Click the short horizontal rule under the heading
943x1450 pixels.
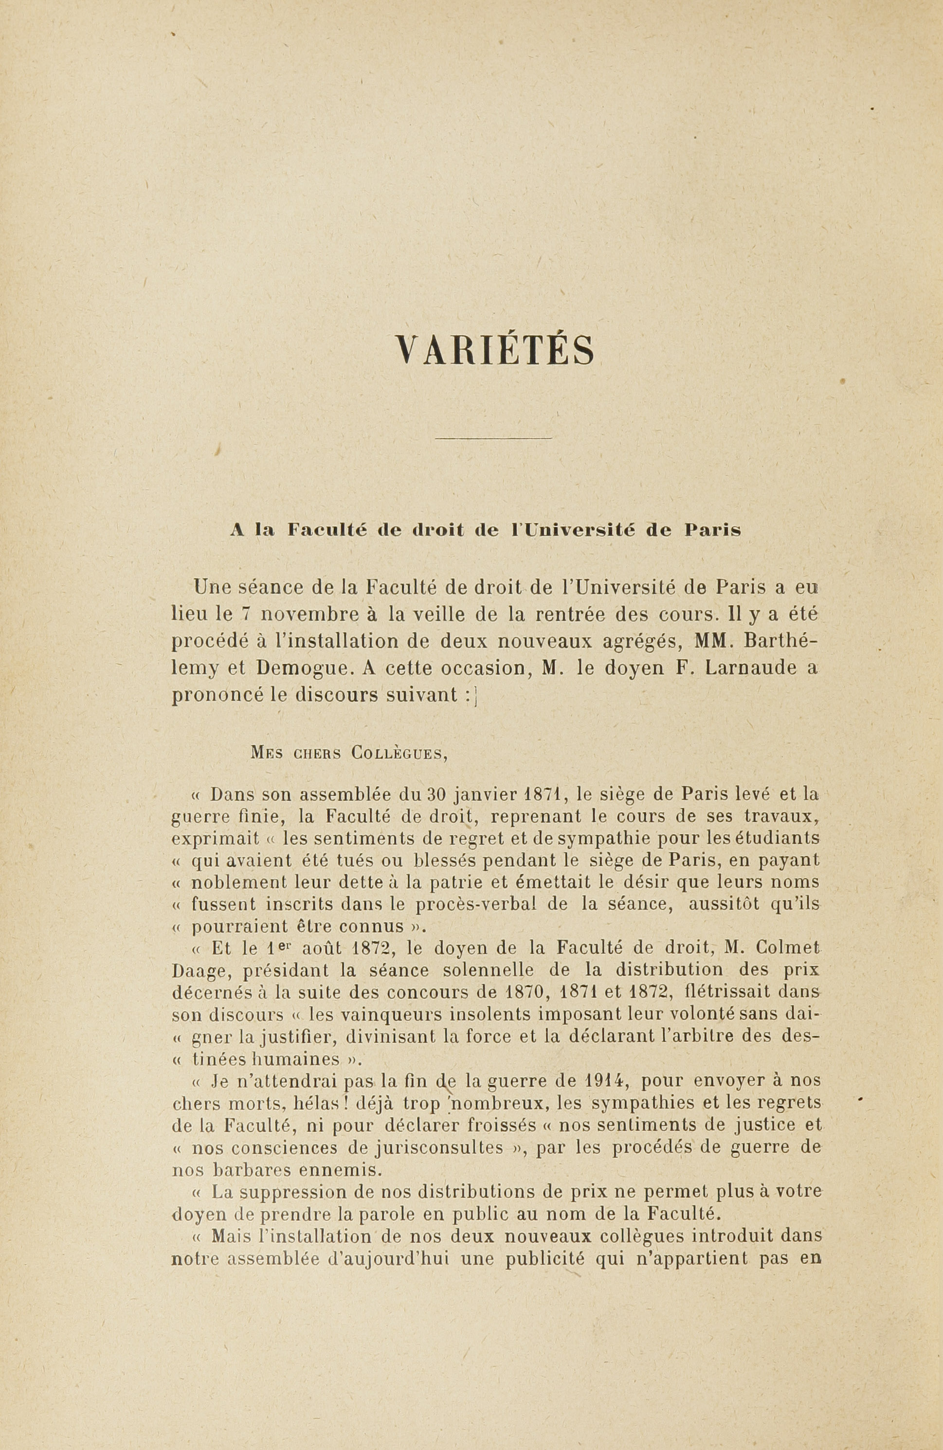point(494,438)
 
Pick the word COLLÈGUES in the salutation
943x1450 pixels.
point(399,753)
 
